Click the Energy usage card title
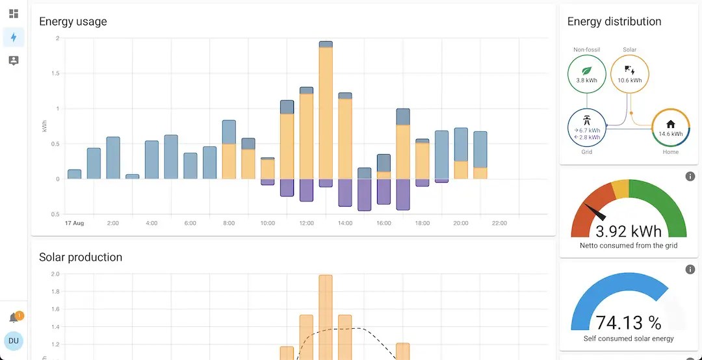click(73, 21)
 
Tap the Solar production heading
click(81, 257)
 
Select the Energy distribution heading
click(614, 21)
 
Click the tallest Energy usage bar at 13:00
click(326, 110)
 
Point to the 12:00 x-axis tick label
click(306, 223)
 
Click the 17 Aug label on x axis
click(74, 223)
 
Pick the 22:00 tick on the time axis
click(499, 223)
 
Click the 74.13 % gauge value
click(629, 322)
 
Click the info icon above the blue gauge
click(690, 269)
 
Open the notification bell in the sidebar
click(14, 318)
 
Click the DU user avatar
click(14, 341)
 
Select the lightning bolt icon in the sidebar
click(14, 37)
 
